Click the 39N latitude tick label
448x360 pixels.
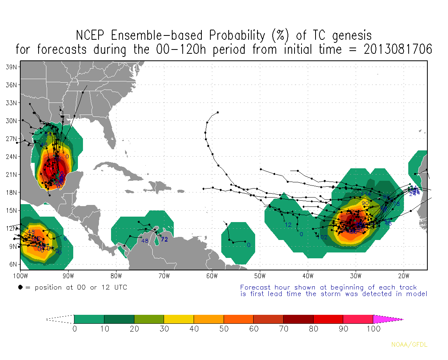(11, 67)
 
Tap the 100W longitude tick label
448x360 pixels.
(20, 276)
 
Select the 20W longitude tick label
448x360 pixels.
(404, 276)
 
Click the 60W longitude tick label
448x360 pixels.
(212, 276)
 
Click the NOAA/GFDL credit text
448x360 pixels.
(409, 344)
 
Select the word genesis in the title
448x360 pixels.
(352, 35)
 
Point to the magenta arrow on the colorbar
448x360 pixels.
(388, 319)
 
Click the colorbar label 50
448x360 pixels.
(224, 329)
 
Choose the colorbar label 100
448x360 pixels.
(374, 329)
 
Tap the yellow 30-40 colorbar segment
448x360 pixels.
(179, 319)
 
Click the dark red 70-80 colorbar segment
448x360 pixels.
(298, 319)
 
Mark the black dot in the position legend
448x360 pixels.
(20, 288)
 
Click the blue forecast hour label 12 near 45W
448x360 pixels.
(288, 225)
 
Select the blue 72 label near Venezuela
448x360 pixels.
(164, 239)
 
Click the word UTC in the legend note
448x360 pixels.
(118, 288)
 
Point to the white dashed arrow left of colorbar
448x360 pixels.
(60, 319)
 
